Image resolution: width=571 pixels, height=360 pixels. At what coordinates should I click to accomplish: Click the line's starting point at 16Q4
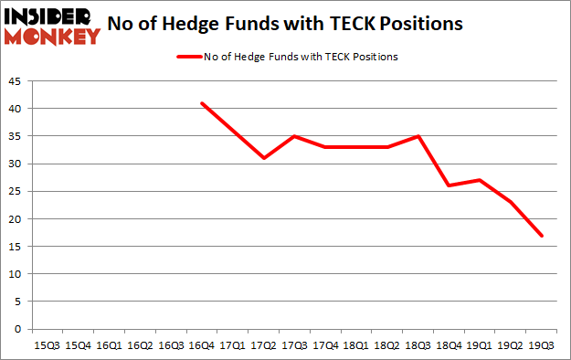coord(201,103)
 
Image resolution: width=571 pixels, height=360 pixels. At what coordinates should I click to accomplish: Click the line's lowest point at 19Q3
coord(542,236)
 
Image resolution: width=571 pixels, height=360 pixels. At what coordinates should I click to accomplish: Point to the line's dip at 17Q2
coord(263,158)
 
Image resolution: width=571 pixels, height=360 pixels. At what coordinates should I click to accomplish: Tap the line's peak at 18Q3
coord(418,136)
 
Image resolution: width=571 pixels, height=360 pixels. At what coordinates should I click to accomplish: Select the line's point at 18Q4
coord(449,185)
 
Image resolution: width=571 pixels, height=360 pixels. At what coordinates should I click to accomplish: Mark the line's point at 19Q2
coord(511,202)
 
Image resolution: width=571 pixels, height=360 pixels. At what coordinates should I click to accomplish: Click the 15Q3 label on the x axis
coord(47,345)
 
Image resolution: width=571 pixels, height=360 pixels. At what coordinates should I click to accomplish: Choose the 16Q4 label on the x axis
coord(201,345)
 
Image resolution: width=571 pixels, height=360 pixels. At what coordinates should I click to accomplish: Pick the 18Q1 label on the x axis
coord(355,345)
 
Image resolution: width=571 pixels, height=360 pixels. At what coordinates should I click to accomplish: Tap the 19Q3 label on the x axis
coord(542,345)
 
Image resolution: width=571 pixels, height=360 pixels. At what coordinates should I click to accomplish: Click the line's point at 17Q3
coord(294,136)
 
